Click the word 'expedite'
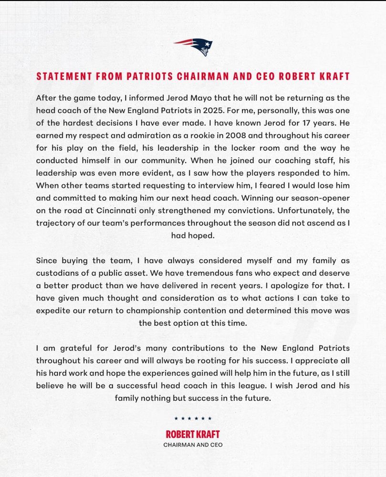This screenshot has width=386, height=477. [53, 310]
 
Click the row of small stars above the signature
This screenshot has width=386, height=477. [193, 418]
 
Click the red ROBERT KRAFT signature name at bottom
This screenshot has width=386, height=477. [193, 434]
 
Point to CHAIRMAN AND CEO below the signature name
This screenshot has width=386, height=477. [193, 445]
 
